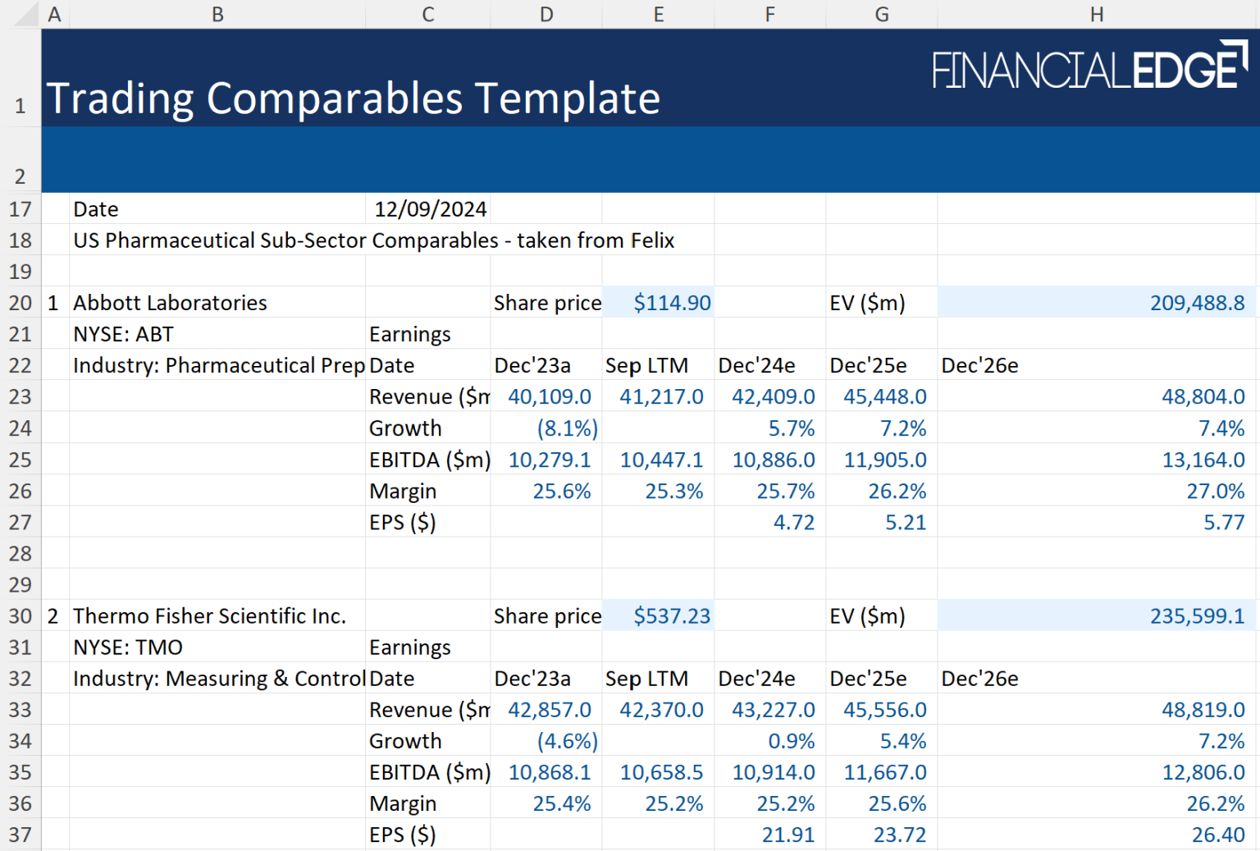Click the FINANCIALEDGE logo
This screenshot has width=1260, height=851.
click(1089, 67)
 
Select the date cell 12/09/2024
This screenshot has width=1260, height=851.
click(430, 209)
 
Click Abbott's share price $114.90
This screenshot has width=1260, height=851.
click(671, 303)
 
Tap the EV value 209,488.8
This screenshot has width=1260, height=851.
click(1197, 303)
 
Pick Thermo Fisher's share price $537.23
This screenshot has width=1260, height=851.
click(671, 616)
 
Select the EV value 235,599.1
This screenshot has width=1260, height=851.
click(1197, 616)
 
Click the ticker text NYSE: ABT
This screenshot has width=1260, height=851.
click(123, 334)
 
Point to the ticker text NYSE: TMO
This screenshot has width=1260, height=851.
click(127, 647)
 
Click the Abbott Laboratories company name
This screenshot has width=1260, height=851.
click(170, 303)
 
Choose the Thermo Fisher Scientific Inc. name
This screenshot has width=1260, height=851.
click(209, 616)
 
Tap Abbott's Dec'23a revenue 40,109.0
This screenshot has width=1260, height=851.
click(549, 396)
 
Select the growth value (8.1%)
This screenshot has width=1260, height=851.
click(567, 428)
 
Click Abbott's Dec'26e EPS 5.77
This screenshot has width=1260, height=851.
click(1223, 523)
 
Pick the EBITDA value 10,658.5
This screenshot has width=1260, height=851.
click(661, 772)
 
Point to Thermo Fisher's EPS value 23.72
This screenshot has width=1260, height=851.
click(899, 835)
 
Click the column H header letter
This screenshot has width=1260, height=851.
click(1097, 14)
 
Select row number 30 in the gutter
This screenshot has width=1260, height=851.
click(21, 616)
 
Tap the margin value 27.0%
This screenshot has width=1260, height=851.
click(1215, 491)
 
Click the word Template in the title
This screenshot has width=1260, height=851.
click(568, 98)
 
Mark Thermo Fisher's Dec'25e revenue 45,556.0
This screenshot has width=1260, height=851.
click(884, 710)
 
